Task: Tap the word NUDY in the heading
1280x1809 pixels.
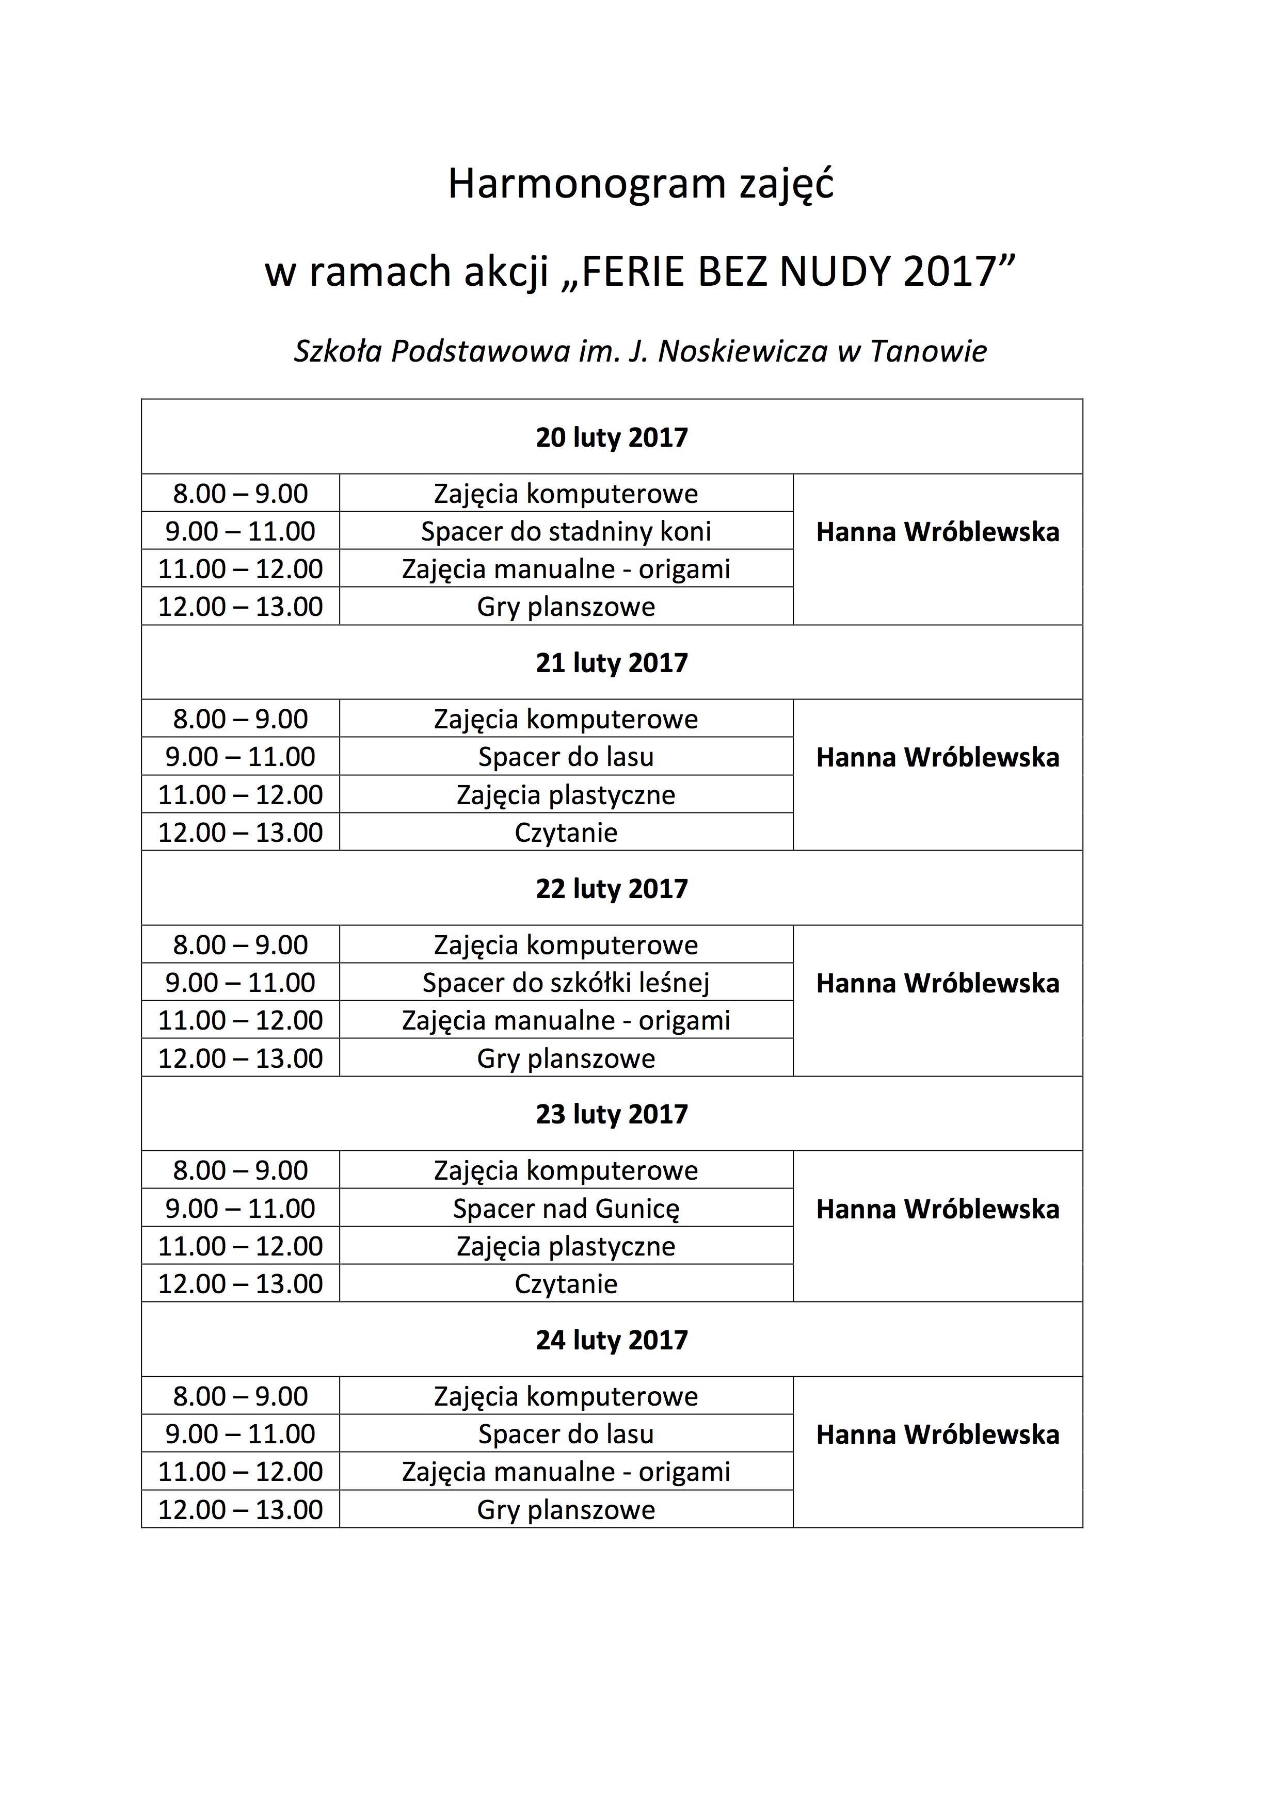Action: tap(836, 272)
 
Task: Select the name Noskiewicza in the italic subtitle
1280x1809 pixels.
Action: tap(743, 351)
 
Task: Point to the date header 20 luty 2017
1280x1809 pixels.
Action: tap(612, 437)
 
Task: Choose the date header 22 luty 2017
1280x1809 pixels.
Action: tap(612, 889)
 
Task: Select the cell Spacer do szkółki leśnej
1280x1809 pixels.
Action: tap(566, 983)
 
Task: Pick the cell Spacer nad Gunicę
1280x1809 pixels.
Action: tap(566, 1209)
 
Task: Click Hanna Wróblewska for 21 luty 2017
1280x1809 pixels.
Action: tap(937, 758)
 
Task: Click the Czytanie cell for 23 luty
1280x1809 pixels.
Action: tap(566, 1284)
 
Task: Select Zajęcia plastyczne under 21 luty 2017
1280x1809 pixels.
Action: tap(566, 795)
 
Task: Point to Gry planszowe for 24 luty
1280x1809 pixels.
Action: tap(566, 1510)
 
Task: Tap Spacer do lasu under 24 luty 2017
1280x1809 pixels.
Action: tap(566, 1434)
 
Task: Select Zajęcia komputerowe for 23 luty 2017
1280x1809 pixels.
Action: tap(566, 1171)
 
